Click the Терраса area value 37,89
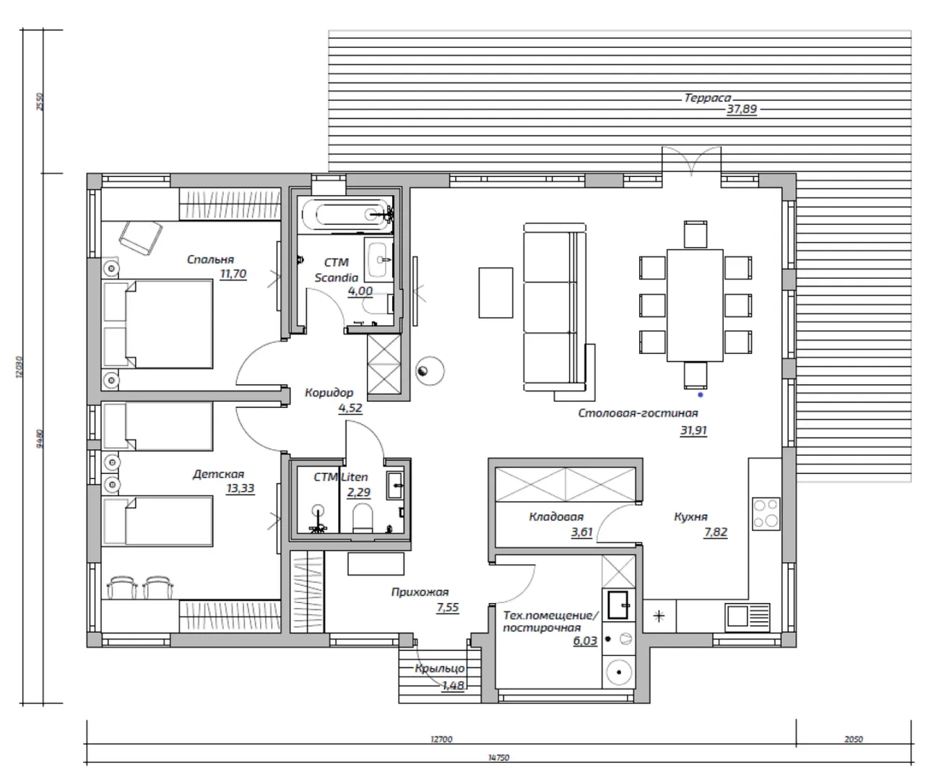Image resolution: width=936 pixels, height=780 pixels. [x=742, y=109]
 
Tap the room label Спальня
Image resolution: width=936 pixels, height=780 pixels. [x=210, y=259]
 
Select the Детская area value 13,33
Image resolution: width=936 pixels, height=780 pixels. [x=240, y=488]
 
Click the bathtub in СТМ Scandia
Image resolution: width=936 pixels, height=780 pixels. [x=347, y=214]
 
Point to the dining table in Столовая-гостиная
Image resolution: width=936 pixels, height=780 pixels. [x=695, y=305]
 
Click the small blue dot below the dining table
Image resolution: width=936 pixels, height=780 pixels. [x=701, y=395]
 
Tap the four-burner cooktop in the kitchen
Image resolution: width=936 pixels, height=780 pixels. [x=766, y=513]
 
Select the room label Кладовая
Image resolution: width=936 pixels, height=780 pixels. [x=556, y=517]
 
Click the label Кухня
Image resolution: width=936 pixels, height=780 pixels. [x=690, y=517]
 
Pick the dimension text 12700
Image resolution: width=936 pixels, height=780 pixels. [x=441, y=740]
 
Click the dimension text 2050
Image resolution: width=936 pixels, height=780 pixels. [x=853, y=740]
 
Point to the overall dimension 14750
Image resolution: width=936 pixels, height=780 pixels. [x=498, y=758]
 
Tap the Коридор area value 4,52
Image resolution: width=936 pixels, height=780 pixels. [x=350, y=408]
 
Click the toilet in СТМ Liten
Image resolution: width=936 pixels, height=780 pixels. [x=363, y=518]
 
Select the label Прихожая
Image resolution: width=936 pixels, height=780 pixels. [x=420, y=592]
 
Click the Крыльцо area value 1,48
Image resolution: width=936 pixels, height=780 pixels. [x=453, y=685]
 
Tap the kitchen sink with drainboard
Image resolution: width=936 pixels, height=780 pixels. [x=747, y=617]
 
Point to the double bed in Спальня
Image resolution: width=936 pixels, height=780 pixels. [x=157, y=324]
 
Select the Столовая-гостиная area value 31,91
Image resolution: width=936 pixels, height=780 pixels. [x=693, y=430]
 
